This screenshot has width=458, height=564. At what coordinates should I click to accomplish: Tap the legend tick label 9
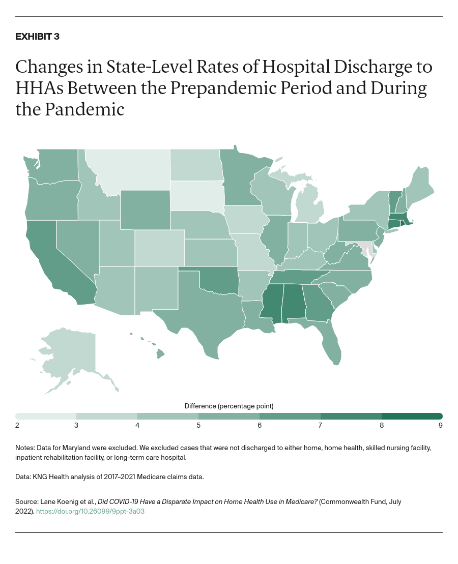pos(440,425)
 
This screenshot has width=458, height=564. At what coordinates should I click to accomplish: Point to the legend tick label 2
pos(17,425)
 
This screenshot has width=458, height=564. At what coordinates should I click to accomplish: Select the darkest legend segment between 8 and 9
pos(412,416)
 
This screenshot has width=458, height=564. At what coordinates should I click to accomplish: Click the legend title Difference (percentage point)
pos(229,406)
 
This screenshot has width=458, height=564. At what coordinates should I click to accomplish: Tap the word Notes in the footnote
pos(24,448)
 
